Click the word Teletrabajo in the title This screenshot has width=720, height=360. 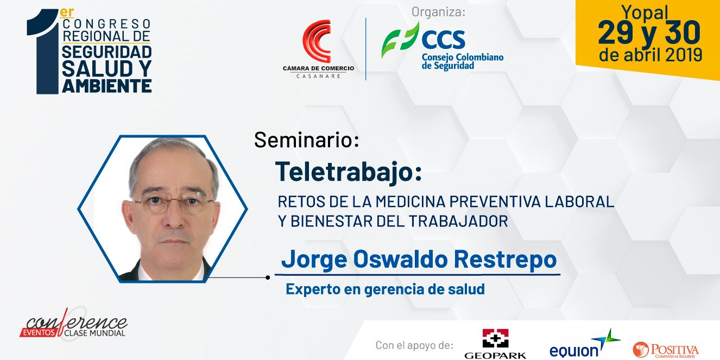point(344,172)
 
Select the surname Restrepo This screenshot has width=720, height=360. point(506,259)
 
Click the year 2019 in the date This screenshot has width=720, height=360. point(684,55)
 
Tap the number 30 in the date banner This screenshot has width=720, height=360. point(683,33)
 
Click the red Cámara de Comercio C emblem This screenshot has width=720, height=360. point(317,41)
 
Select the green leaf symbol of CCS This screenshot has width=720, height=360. point(401,40)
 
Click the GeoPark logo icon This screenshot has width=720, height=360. point(495,338)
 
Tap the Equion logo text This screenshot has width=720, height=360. point(573,351)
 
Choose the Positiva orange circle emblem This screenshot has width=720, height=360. point(641,349)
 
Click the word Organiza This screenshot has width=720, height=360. point(438,12)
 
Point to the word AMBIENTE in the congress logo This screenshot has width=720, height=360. point(107,86)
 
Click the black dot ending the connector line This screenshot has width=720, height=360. point(268,277)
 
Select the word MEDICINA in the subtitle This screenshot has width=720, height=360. point(410,202)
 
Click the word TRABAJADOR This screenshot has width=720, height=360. point(458,221)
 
